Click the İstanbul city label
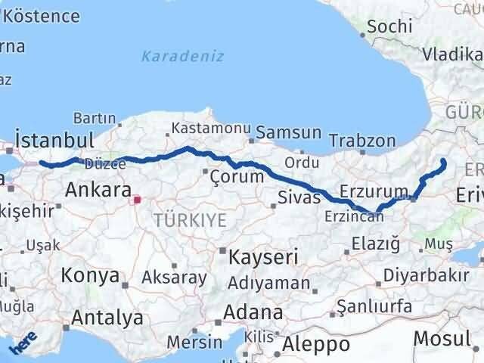pos(54,141)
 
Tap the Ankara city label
pos(98,189)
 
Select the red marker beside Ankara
pos(137,200)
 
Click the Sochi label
pos(391,27)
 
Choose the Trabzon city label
pos(363,141)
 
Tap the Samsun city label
pos(288,133)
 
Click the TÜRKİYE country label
pos(190,220)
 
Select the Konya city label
pos(90,275)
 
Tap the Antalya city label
pos(107,318)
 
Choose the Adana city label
pos(253,312)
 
